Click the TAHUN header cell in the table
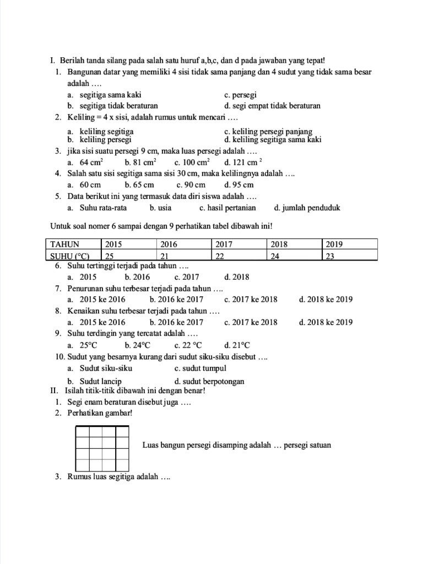65,244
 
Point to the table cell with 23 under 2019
332,256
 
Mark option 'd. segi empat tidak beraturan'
272,105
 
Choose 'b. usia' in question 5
160,208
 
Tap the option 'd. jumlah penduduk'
307,208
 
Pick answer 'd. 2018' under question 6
237,277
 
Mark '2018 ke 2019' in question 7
326,300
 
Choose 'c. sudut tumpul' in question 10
200,368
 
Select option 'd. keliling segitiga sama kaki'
273,140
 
